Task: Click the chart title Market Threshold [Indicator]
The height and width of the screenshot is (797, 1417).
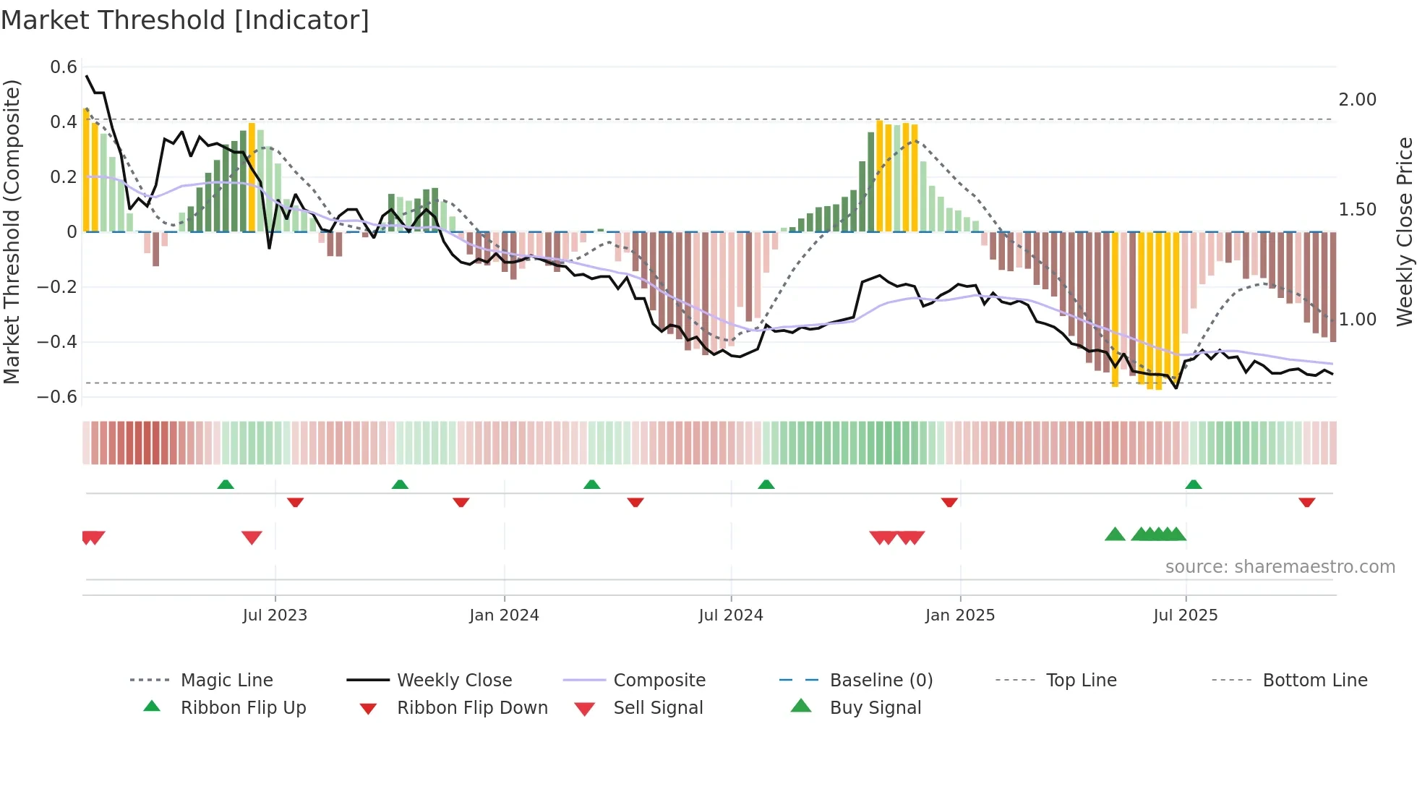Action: pos(185,20)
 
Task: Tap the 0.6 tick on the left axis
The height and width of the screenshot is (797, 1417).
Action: pos(64,67)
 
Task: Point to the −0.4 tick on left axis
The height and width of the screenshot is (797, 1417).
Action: pos(57,341)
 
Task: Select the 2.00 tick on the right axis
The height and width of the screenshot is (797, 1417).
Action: pos(1357,100)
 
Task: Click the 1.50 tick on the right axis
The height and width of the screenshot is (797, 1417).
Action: pos(1357,210)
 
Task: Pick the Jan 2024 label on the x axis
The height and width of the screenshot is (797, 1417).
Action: pos(504,615)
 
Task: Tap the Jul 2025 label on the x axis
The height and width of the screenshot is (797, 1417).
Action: pos(1185,615)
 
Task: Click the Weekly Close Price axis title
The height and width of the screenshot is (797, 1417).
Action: pos(1404,231)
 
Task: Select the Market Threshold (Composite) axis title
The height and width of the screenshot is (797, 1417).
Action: pos(12,231)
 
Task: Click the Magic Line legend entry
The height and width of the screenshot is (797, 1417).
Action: pos(226,681)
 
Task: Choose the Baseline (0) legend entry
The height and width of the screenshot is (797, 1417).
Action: pos(881,681)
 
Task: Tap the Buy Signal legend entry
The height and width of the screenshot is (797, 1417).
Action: pos(875,708)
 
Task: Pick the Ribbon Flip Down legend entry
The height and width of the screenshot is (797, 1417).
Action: pos(471,708)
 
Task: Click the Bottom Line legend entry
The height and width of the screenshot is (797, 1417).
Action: pos(1314,681)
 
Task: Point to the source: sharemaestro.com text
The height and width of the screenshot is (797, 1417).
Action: pos(1280,567)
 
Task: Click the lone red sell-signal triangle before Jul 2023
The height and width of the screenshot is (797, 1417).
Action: pos(252,537)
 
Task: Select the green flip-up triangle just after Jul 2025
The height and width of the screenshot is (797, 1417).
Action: pos(1194,485)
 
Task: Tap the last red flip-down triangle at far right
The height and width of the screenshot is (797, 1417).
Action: pos(1306,502)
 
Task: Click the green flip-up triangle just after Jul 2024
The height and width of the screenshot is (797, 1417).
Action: pos(766,485)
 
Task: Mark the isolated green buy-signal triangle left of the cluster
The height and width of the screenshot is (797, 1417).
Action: pos(1115,534)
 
